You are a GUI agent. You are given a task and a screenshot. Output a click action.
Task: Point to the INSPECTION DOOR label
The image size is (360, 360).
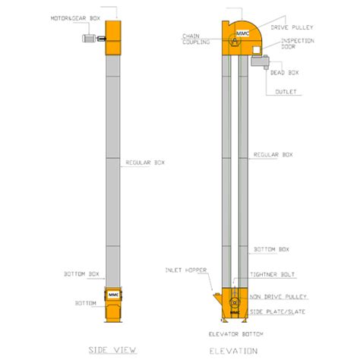298,43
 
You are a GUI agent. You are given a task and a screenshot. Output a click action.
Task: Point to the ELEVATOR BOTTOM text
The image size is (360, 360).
231,333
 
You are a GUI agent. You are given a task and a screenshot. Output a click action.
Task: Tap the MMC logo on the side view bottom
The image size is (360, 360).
113,293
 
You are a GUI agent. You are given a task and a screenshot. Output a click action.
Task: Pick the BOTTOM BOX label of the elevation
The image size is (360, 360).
271,249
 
